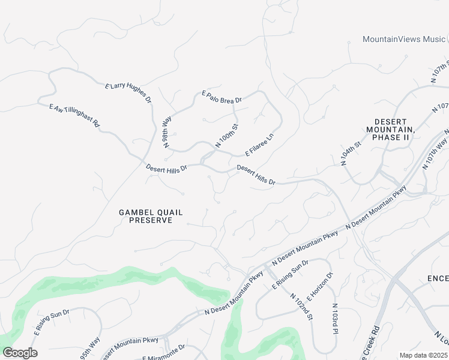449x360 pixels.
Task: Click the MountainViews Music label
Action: pos(404,39)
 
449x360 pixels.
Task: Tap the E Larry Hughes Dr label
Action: pos(128,94)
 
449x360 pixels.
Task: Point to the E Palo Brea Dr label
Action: pos(221,97)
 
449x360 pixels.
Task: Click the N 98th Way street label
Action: pos(167,133)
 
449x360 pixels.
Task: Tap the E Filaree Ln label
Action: pos(259,145)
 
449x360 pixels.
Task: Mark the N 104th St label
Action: pos(351,154)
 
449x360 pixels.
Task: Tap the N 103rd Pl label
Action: pos(335,319)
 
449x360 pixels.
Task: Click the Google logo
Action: pos(20,353)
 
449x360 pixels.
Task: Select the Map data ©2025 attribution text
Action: pos(423,355)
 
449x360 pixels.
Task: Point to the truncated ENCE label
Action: pos(438,278)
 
